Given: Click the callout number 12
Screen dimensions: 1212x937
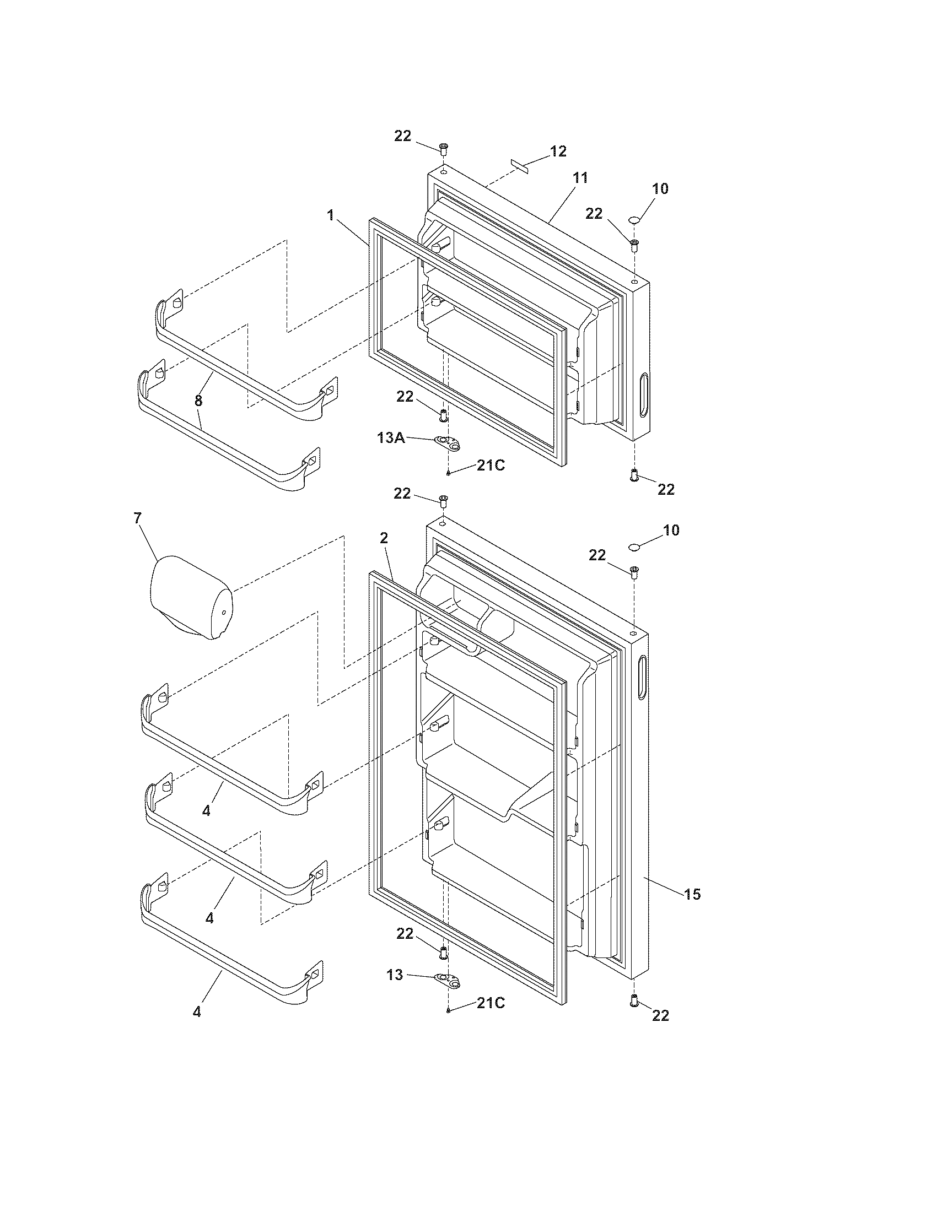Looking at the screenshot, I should pyautogui.click(x=558, y=151).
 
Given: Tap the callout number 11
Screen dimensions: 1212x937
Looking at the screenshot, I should pyautogui.click(x=580, y=177).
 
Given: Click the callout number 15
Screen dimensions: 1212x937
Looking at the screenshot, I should pyautogui.click(x=692, y=894).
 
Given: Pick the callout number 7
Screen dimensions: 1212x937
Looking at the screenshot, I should pyautogui.click(x=137, y=518).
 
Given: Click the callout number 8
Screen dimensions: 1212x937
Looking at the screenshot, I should pyautogui.click(x=198, y=400).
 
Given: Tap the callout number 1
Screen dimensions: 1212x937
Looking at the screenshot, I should pyautogui.click(x=331, y=215).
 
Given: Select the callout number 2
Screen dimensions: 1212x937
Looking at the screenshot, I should pyautogui.click(x=384, y=537).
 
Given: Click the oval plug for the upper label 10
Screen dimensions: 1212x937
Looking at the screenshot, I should pyautogui.click(x=634, y=221).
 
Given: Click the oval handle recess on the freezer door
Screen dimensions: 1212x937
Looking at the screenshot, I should pyautogui.click(x=643, y=394).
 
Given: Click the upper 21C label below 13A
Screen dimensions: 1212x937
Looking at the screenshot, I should pyautogui.click(x=491, y=466).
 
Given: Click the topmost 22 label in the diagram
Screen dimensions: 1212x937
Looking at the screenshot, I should pyautogui.click(x=403, y=136).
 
